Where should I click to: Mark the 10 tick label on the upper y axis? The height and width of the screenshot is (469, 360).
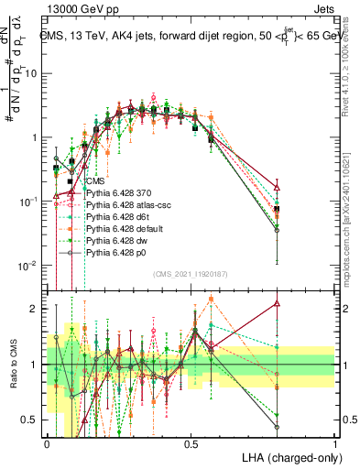tap(35, 73)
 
